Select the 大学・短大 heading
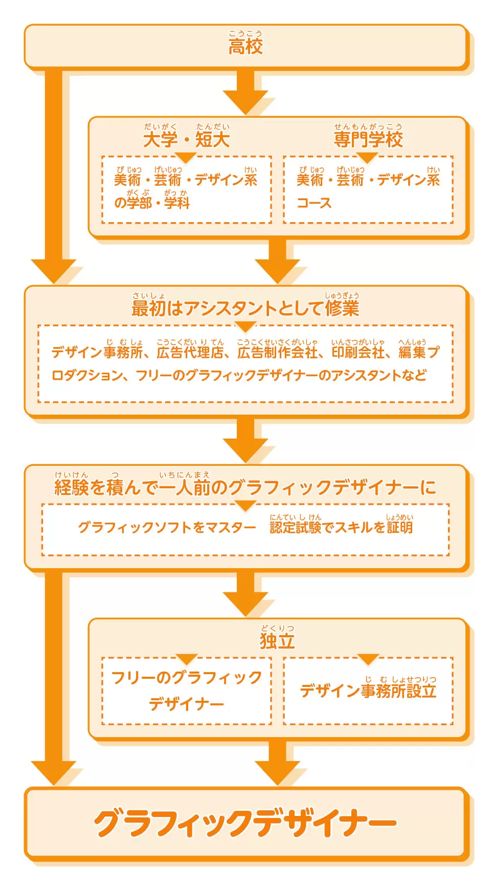click(186, 139)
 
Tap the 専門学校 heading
click(368, 139)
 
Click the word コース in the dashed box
click(314, 203)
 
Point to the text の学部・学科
click(152, 203)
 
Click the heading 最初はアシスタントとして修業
click(245, 308)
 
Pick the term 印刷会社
click(358, 352)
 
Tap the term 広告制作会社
click(278, 352)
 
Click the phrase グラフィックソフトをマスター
click(167, 527)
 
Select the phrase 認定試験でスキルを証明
click(341, 527)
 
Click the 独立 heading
click(277, 641)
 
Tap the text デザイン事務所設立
click(368, 691)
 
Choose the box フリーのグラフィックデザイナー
click(187, 691)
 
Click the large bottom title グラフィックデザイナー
click(245, 824)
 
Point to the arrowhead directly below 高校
click(245, 102)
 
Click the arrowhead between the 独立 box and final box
click(278, 773)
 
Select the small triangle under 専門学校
click(367, 157)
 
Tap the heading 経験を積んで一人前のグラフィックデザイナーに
click(245, 487)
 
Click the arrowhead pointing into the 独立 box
click(245, 604)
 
